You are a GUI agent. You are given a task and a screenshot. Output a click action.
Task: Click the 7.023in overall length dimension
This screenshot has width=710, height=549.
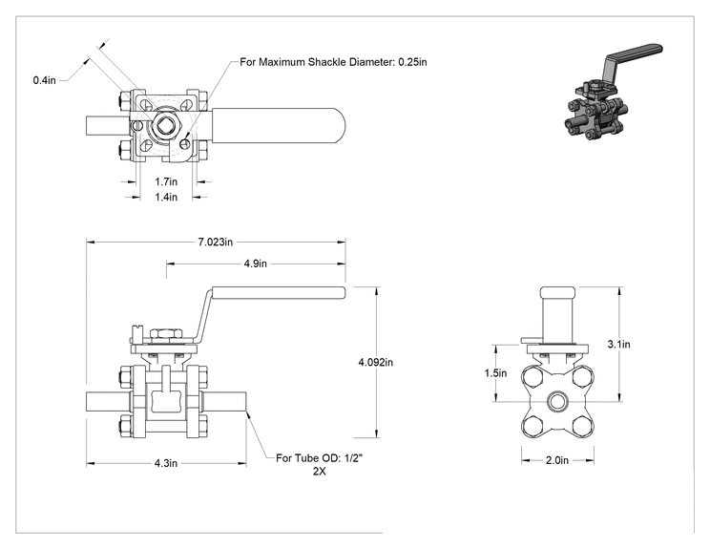point(215,242)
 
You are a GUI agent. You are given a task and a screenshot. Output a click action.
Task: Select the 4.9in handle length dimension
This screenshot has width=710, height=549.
point(256,264)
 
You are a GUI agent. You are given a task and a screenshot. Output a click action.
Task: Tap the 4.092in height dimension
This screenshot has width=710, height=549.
point(376,363)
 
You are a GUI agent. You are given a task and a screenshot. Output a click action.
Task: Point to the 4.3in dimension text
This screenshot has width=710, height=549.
point(166,463)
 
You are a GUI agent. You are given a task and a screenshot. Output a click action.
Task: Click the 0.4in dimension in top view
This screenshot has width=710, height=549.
point(44,80)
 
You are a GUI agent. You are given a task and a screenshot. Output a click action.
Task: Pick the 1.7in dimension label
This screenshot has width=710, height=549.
point(166,181)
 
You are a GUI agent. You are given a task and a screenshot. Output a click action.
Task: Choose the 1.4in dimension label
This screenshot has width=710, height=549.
point(166,197)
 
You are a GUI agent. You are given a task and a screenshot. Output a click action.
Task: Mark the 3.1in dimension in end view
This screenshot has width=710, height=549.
point(618,345)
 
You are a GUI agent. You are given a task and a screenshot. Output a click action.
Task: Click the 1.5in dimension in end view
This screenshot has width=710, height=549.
point(495,373)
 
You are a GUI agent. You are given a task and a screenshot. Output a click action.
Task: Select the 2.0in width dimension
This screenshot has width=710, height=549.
point(557,460)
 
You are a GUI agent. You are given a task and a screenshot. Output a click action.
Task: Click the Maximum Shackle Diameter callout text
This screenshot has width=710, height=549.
point(333,62)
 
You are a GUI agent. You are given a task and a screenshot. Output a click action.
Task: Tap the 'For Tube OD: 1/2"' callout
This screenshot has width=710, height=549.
point(320,458)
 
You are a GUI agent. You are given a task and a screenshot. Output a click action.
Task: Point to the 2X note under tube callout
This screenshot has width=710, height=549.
point(320,471)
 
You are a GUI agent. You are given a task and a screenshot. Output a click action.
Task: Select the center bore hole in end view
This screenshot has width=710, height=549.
point(557,401)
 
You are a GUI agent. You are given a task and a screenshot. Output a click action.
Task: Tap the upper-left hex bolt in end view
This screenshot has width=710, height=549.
point(532,376)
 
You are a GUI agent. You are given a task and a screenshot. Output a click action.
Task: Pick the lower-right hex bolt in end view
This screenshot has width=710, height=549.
point(582,426)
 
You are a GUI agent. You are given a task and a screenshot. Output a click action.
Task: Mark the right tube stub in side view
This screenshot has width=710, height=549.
point(224,402)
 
